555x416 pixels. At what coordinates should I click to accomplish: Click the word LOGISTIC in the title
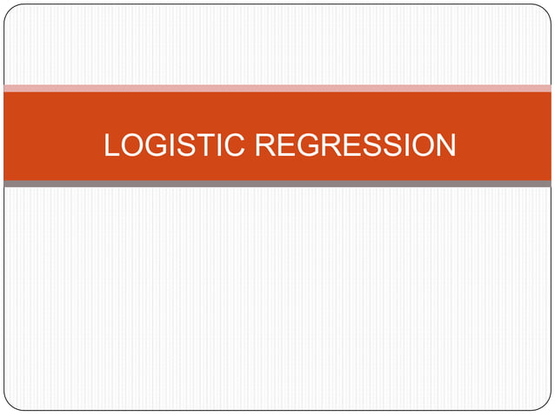tap(175, 145)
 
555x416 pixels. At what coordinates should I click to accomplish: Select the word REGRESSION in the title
tap(355, 145)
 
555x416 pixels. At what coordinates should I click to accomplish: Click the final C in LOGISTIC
tap(236, 145)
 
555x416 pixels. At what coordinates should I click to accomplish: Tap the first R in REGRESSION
tap(265, 145)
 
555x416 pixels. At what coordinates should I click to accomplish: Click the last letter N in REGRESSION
tap(445, 145)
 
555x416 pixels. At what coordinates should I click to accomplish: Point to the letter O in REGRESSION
tap(421, 145)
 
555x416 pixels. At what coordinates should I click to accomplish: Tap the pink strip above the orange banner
tap(277, 88)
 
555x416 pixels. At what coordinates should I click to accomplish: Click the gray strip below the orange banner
tap(277, 184)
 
